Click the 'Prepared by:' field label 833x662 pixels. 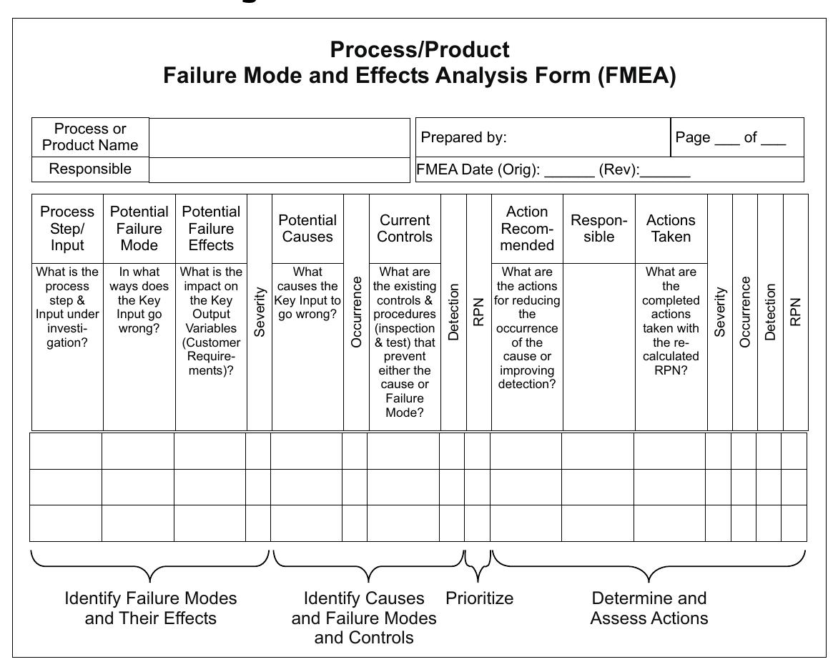[463, 137]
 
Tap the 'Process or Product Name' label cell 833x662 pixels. [90, 137]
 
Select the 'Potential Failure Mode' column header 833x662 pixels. [139, 228]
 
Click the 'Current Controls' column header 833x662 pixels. [405, 228]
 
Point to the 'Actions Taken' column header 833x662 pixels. [671, 228]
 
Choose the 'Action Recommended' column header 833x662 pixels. [527, 228]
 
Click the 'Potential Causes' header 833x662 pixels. [307, 228]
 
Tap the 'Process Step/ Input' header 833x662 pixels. [67, 228]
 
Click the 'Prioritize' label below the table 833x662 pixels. [479, 598]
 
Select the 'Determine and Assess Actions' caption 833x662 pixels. [649, 608]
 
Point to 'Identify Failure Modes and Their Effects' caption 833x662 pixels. [150, 608]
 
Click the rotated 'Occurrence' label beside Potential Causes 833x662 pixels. [356, 312]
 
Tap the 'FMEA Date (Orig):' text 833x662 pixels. [478, 170]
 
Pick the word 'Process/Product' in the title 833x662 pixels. [420, 50]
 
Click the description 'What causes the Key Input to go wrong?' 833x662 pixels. [307, 293]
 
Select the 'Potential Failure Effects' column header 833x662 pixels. [211, 228]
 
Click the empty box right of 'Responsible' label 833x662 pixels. [279, 170]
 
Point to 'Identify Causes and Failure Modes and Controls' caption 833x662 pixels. [364, 617]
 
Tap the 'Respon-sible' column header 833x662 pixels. [598, 228]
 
